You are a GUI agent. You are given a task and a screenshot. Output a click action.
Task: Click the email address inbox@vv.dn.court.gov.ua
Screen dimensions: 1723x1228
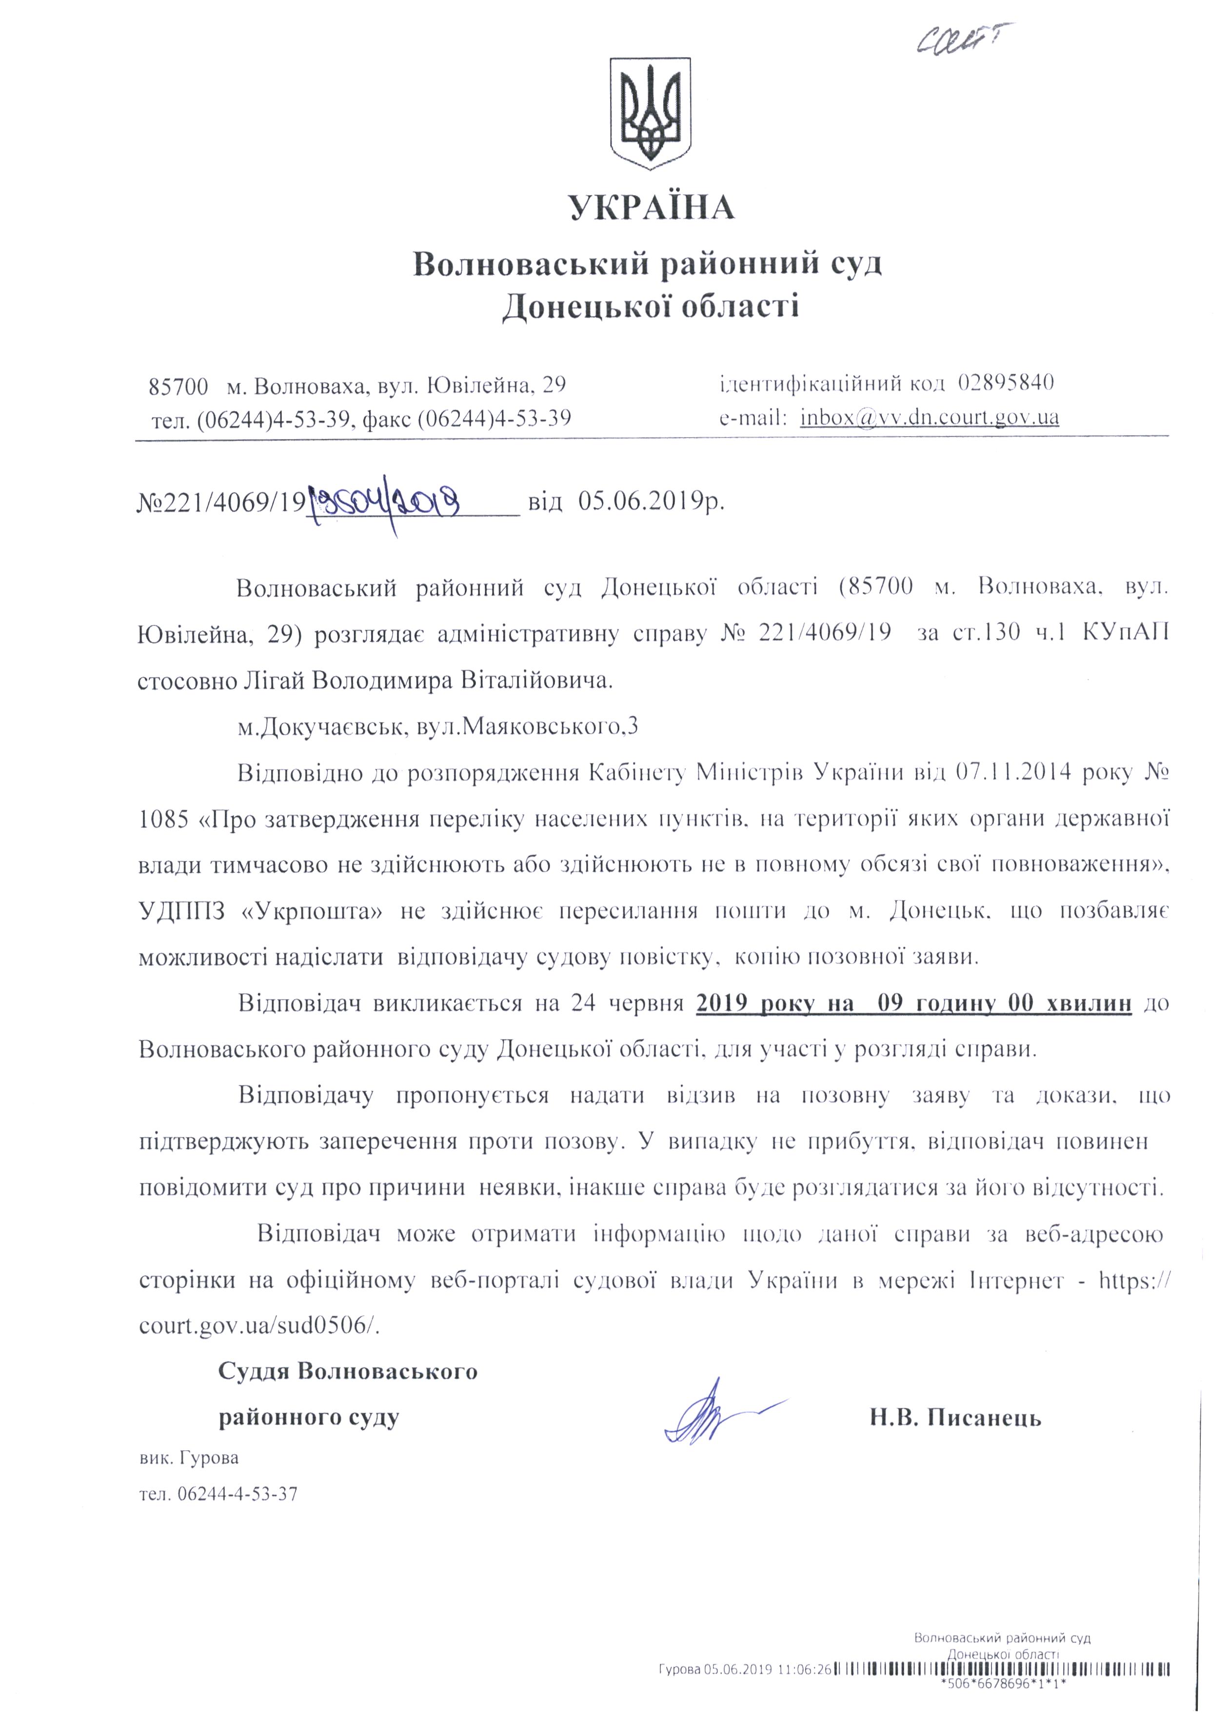tap(930, 417)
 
